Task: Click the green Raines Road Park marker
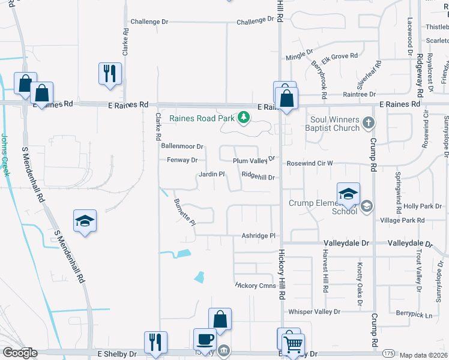tap(244, 118)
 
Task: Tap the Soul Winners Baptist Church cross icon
tap(369, 124)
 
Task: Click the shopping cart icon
tap(293, 344)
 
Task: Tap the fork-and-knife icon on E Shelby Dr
tap(155, 342)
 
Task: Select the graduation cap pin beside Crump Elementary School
tap(348, 193)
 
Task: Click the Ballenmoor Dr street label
tap(182, 146)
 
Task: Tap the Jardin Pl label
tap(211, 175)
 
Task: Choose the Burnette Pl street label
tap(184, 212)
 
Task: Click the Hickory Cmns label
tap(255, 286)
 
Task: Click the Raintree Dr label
tap(359, 94)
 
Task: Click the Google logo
tap(20, 353)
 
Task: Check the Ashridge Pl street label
tap(258, 236)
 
